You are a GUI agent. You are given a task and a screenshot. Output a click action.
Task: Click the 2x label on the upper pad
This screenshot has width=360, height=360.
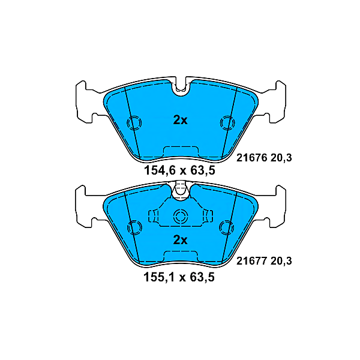pos(180,120)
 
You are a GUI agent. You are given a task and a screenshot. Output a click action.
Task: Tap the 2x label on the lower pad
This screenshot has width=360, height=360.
pos(180,240)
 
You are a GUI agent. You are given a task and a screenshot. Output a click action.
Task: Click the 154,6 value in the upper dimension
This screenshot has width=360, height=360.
pos(160,170)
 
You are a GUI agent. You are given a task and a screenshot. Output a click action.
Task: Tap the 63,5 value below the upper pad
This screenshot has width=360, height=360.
pos(202,170)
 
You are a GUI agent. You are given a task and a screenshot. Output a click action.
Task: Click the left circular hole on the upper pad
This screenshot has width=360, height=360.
pos(134,123)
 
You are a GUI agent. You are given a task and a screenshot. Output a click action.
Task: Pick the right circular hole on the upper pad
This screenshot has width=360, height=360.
pos(226,123)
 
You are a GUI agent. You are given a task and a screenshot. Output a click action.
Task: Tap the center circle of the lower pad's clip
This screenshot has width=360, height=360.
pos(180,217)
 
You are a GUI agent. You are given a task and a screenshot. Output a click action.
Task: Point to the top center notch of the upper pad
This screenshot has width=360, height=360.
pos(180,89)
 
